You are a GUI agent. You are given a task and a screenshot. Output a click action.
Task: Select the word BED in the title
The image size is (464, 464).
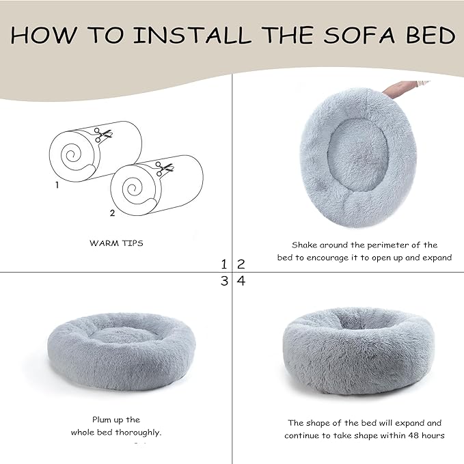pos(429,35)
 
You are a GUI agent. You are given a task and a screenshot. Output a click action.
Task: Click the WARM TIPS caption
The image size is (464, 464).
pos(116,243)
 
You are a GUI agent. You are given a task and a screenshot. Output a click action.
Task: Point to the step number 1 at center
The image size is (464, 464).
pos(224,264)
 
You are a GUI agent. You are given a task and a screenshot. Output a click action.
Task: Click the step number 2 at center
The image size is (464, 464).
pos(241,264)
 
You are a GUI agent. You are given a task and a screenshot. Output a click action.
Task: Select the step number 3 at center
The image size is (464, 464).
pos(224,281)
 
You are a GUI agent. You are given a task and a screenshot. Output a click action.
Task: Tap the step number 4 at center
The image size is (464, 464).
pos(241,281)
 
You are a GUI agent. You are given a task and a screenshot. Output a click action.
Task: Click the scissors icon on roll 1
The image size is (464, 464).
pos(103,136)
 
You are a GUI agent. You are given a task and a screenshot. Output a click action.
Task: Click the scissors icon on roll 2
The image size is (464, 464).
pos(163,167)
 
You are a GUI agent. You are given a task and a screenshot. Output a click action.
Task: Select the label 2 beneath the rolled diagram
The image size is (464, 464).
pos(112,213)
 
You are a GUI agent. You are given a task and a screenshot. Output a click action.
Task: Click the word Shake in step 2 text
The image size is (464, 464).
pos(305,245)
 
